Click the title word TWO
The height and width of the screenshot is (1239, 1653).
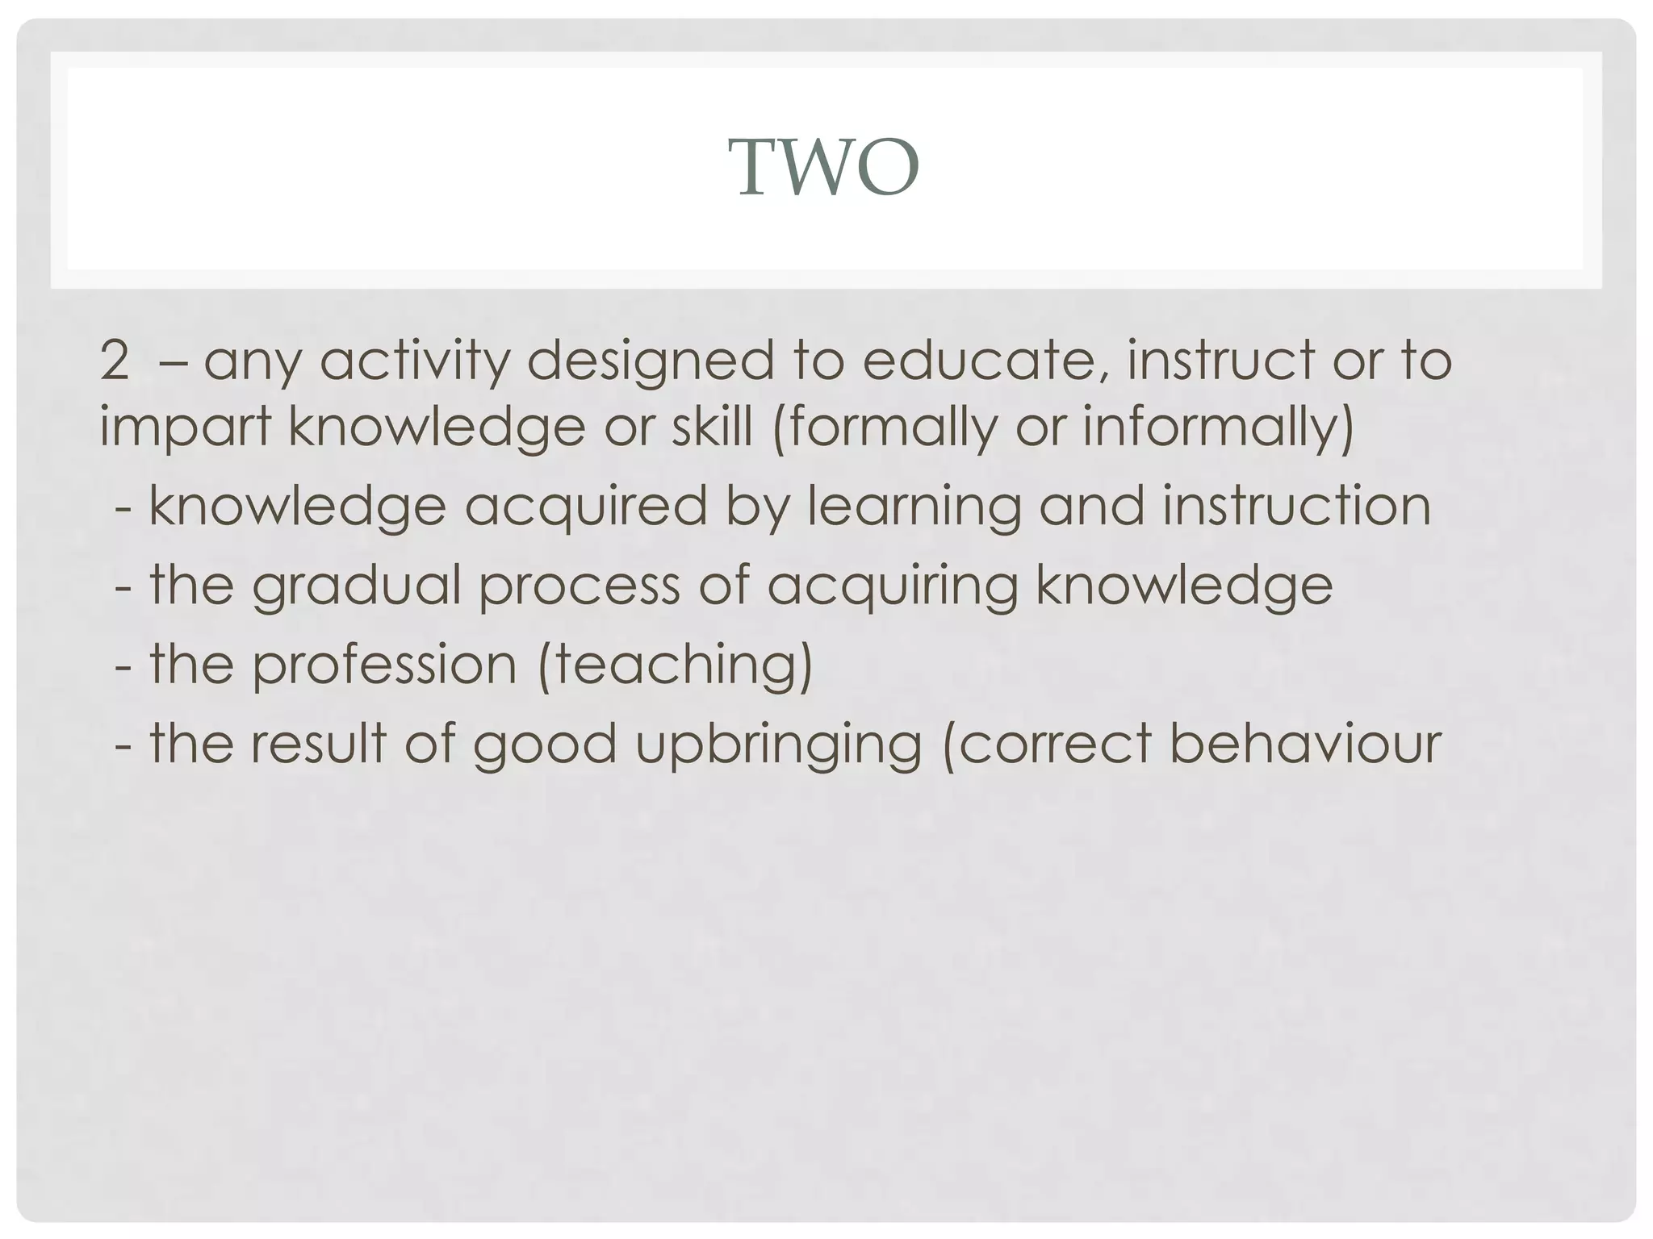[827, 167]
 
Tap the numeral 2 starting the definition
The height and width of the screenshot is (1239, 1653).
[115, 361]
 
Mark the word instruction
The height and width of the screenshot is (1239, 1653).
[1296, 507]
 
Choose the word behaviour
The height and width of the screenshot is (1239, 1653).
[1304, 743]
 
